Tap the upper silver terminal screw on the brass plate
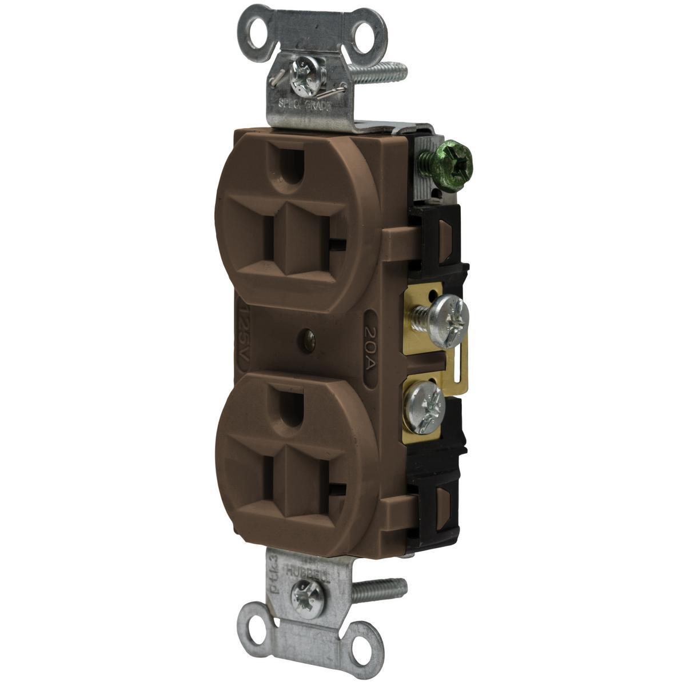pyautogui.click(x=449, y=314)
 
